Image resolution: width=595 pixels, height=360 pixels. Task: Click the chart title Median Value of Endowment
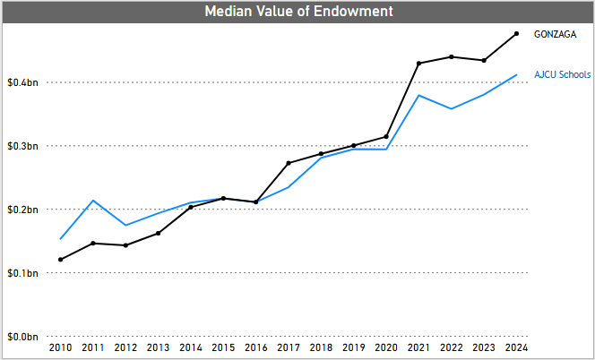(x=297, y=12)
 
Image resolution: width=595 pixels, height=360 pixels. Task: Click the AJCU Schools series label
(x=562, y=74)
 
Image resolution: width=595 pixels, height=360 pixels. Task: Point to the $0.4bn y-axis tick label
(x=22, y=82)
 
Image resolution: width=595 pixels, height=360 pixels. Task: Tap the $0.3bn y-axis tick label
(x=22, y=146)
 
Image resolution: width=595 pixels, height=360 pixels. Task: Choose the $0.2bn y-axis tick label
(x=22, y=210)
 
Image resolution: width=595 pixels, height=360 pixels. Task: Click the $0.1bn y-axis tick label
(x=22, y=273)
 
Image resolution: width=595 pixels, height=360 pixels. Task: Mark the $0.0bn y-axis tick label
(x=22, y=337)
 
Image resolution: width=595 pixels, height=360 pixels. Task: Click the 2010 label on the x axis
(x=60, y=347)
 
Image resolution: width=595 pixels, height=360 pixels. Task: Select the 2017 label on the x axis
(x=289, y=347)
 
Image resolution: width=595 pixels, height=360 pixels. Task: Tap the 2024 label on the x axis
(x=517, y=347)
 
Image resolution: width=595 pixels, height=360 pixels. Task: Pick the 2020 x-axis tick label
(x=386, y=347)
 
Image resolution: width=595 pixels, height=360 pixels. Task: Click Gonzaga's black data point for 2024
(x=517, y=34)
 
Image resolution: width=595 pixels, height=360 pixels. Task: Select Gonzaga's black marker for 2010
(x=60, y=260)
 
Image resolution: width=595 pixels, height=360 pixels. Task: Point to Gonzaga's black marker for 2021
(x=418, y=64)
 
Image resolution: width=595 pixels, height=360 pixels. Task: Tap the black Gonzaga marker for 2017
(x=289, y=163)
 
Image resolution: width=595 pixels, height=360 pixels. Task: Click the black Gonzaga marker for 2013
(x=158, y=233)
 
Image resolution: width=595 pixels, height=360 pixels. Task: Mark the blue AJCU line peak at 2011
(x=93, y=201)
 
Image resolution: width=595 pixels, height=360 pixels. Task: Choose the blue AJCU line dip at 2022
(x=452, y=108)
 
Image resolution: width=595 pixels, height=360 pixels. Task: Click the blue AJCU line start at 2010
(x=60, y=239)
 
